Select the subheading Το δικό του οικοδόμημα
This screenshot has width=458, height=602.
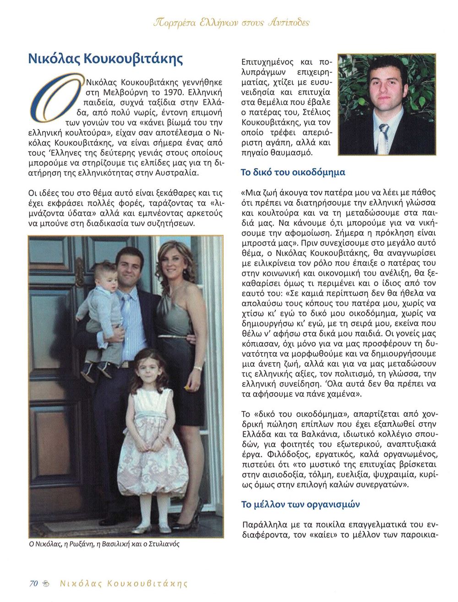293,173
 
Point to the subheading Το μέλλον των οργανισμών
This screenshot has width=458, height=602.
300,504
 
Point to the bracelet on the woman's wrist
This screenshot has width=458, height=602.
197,368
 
